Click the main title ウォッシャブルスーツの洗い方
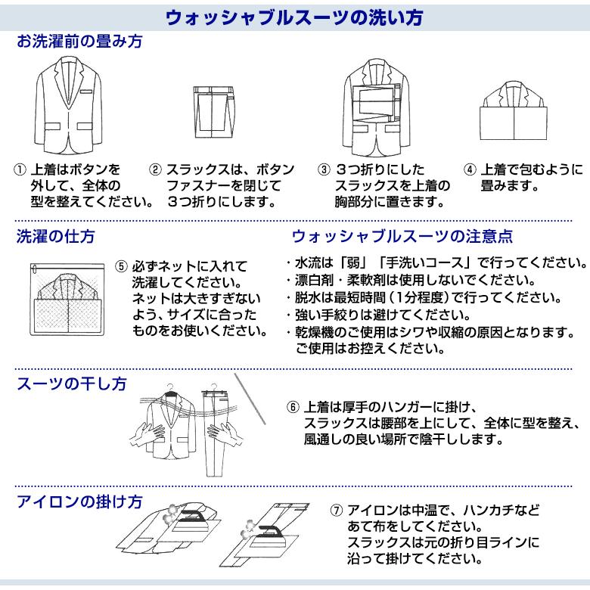click(294, 17)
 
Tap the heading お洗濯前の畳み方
click(79, 42)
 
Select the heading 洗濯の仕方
click(55, 236)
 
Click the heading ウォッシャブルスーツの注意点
click(402, 236)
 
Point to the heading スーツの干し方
click(72, 383)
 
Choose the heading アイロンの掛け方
click(79, 501)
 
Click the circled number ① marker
click(20, 169)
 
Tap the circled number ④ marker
click(470, 169)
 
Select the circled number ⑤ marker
click(121, 266)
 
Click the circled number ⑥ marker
click(293, 407)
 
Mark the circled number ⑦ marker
click(337, 511)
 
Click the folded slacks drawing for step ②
click(213, 112)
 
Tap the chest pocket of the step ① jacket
click(85, 92)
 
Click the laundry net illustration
click(67, 300)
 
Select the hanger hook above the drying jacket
click(170, 387)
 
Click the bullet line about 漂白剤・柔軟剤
click(411, 281)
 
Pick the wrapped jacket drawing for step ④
click(514, 110)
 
